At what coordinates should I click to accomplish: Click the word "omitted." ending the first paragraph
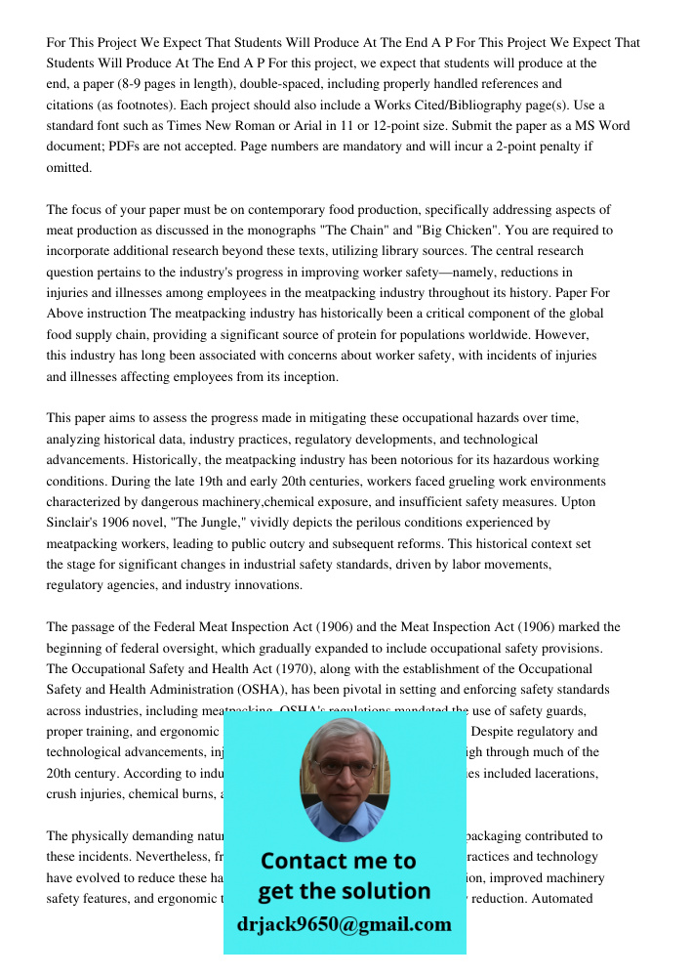coord(69,167)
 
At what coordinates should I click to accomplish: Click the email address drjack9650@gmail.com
coord(345,924)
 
